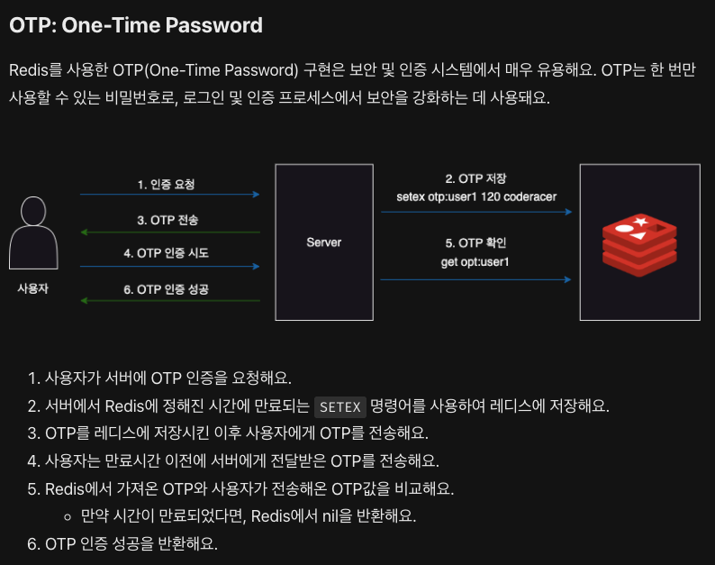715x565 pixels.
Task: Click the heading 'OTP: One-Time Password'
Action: [135, 25]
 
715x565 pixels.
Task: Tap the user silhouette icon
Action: [33, 233]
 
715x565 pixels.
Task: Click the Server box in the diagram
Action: [324, 242]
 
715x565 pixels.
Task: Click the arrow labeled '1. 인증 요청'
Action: [169, 195]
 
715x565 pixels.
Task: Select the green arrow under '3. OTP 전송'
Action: [169, 232]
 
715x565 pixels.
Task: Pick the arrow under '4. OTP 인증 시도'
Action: [169, 266]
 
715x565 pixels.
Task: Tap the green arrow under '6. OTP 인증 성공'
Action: [169, 301]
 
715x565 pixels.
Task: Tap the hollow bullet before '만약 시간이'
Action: [67, 517]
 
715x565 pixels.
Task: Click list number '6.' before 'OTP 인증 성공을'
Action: [34, 544]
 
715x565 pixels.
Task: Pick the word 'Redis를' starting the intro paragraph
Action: [35, 70]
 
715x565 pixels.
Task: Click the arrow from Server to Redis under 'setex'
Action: [475, 213]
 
